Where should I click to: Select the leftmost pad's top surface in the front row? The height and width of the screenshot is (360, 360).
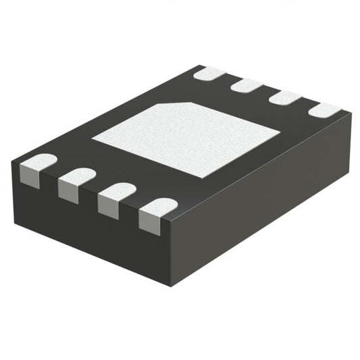[39, 161]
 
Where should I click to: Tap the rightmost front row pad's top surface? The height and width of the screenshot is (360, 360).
[160, 205]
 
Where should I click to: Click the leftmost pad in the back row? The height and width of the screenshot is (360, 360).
[209, 73]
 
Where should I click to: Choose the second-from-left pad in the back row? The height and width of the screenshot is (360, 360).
[247, 85]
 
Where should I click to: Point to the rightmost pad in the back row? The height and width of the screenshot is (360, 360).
[324, 109]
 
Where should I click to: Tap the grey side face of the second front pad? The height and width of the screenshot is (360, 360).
[70, 190]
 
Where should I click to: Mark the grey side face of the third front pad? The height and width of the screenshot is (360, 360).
[109, 206]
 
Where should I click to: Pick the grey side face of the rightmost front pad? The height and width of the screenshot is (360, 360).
[151, 222]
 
